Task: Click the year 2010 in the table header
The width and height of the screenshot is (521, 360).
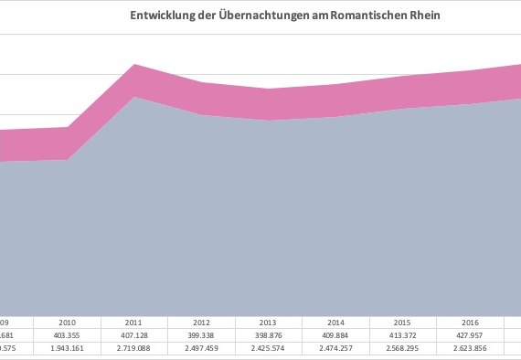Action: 68,323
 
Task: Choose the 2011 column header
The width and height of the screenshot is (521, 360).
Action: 135,323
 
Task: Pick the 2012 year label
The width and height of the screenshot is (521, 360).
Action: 202,323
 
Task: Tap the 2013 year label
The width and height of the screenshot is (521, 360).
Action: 269,323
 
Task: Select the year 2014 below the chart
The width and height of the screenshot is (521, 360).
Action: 336,323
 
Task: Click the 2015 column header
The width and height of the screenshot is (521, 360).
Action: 403,323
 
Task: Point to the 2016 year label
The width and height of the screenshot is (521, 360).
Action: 470,323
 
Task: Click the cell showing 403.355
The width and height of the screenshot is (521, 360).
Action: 68,335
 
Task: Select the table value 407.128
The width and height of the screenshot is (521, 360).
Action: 135,335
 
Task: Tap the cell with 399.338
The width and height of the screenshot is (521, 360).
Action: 202,335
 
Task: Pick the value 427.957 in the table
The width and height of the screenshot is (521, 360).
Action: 470,335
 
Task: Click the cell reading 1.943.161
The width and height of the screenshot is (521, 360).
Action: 68,348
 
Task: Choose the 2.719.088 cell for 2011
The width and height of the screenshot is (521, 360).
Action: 135,348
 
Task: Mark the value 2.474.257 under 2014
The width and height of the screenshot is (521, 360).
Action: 336,348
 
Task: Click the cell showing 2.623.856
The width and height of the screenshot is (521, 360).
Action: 470,348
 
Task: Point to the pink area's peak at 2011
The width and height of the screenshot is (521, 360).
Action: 135,67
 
